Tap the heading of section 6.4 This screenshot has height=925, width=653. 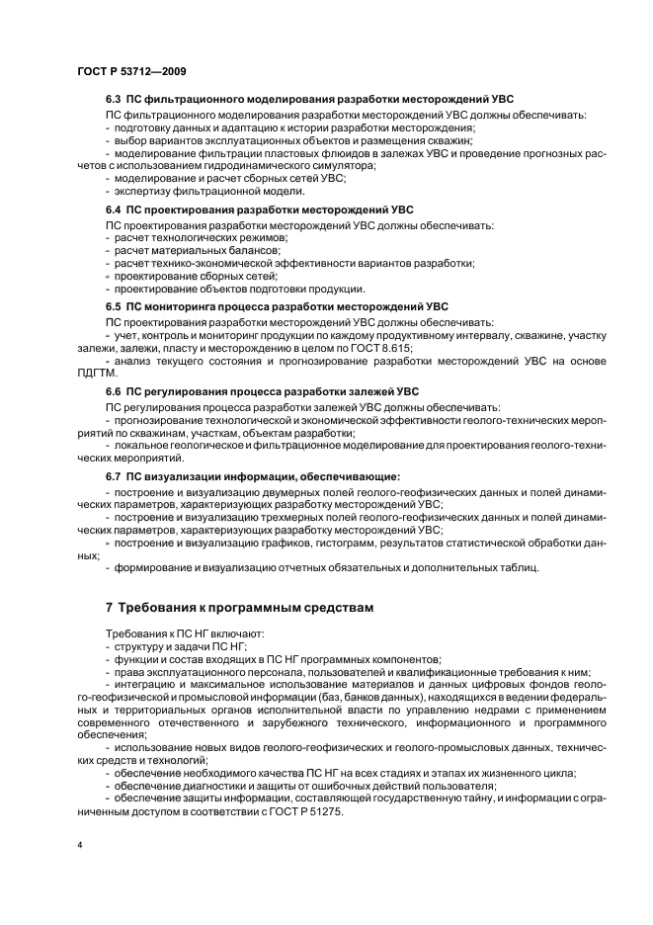(x=259, y=210)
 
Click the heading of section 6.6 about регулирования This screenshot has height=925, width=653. (x=262, y=391)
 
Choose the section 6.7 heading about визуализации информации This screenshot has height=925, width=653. (x=252, y=476)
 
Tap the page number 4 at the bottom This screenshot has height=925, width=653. (x=78, y=845)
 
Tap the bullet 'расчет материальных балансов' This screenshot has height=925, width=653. (x=185, y=251)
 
